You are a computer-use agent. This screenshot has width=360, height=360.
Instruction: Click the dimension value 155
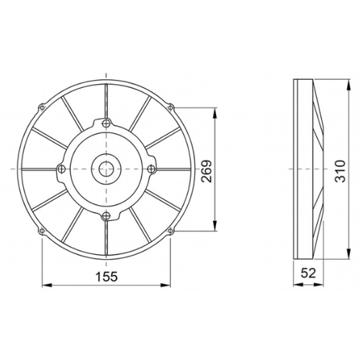[x=107, y=276]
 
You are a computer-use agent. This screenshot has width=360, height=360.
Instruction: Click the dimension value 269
[x=207, y=171]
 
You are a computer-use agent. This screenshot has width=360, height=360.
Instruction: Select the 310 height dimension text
[x=341, y=171]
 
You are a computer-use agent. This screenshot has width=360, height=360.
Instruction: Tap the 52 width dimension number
[x=308, y=273]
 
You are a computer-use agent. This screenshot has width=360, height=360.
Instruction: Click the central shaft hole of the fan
[x=106, y=169]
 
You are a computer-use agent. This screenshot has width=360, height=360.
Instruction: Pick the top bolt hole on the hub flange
[x=106, y=124]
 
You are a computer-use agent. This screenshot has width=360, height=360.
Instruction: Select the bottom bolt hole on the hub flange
[x=106, y=216]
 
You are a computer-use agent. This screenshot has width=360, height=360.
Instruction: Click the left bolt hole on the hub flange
[x=62, y=169]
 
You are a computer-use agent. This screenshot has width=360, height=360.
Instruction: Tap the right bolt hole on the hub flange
[x=150, y=169]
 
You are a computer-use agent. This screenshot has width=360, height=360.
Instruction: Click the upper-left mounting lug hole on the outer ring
[x=42, y=107]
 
